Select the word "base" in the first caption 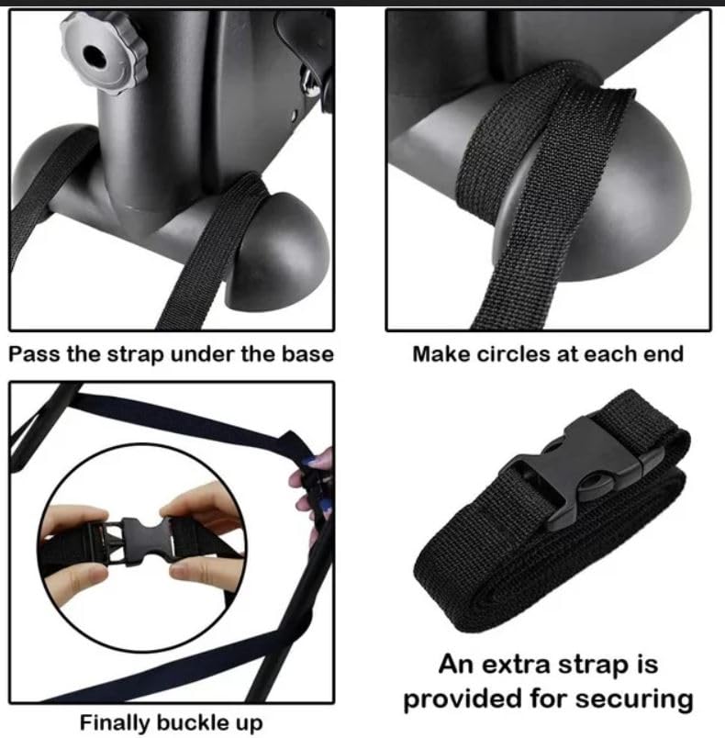tap(307, 354)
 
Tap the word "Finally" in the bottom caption tap(117, 721)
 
